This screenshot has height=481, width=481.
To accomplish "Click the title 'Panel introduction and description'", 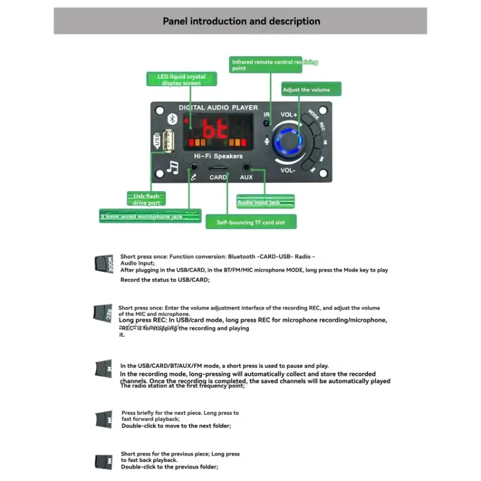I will click(x=241, y=21).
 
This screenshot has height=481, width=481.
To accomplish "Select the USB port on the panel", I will click(x=167, y=142).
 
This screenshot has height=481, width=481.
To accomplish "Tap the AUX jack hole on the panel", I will click(x=246, y=167).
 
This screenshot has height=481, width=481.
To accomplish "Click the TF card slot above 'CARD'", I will click(x=218, y=168).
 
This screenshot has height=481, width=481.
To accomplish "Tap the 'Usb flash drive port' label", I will click(x=146, y=199).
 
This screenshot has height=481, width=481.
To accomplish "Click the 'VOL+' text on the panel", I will click(x=289, y=114).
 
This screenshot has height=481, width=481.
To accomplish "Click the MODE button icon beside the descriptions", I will click(x=103, y=264).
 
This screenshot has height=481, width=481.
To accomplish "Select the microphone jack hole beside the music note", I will click(x=194, y=167).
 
